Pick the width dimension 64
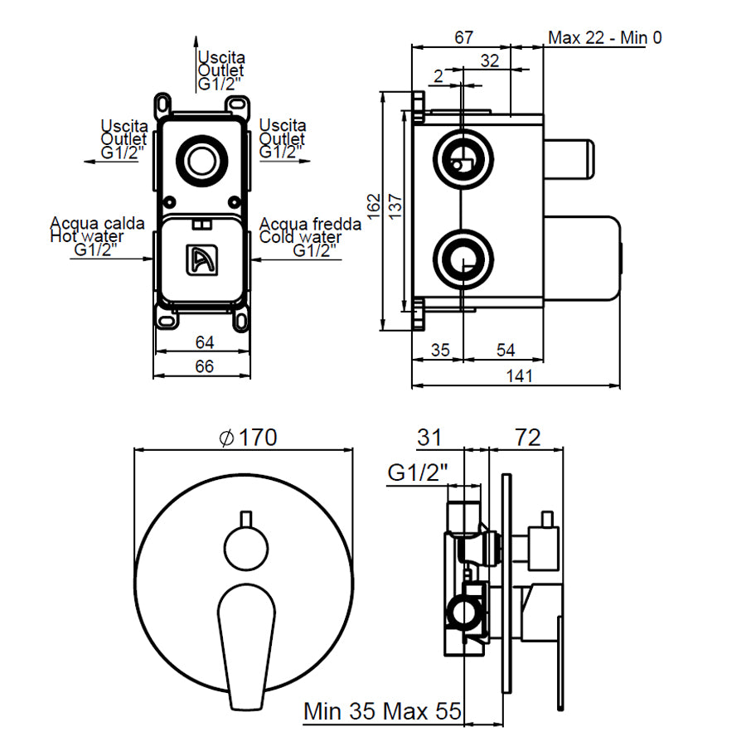point(203,342)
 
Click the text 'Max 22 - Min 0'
point(604,37)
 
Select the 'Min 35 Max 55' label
point(382,711)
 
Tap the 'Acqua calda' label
point(98,223)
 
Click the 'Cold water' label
point(300,237)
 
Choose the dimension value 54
point(505,350)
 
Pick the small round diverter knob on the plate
point(245,546)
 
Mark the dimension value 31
point(429,437)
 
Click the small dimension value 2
point(438,76)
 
